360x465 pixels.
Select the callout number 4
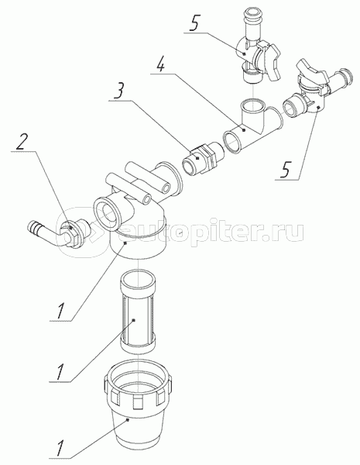tap(160, 64)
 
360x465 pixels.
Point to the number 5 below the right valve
tap(285, 170)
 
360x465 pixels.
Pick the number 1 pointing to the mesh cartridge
tap(60, 373)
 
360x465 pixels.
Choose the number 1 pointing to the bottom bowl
tap(60, 449)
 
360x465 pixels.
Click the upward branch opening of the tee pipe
tap(252, 105)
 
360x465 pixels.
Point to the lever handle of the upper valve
tap(269, 60)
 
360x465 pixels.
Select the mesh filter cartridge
tap(138, 312)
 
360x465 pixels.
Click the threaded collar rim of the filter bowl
tap(137, 384)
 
